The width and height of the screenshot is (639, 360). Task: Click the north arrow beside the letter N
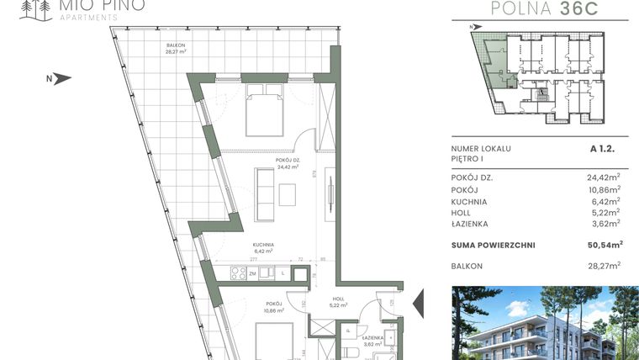(62, 79)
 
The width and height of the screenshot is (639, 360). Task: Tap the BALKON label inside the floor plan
(176, 45)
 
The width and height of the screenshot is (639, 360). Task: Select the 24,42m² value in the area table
(603, 177)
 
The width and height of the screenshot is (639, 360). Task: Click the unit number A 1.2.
(605, 149)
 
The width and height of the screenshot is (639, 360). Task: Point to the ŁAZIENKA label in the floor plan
(373, 337)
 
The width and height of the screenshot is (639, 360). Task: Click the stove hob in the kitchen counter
(239, 273)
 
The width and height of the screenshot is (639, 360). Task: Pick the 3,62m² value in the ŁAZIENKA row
(605, 224)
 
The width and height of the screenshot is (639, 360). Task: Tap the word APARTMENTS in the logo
(82, 16)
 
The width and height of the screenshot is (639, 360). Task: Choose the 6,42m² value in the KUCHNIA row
(605, 201)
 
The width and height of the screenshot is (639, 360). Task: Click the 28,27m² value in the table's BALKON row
(603, 265)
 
